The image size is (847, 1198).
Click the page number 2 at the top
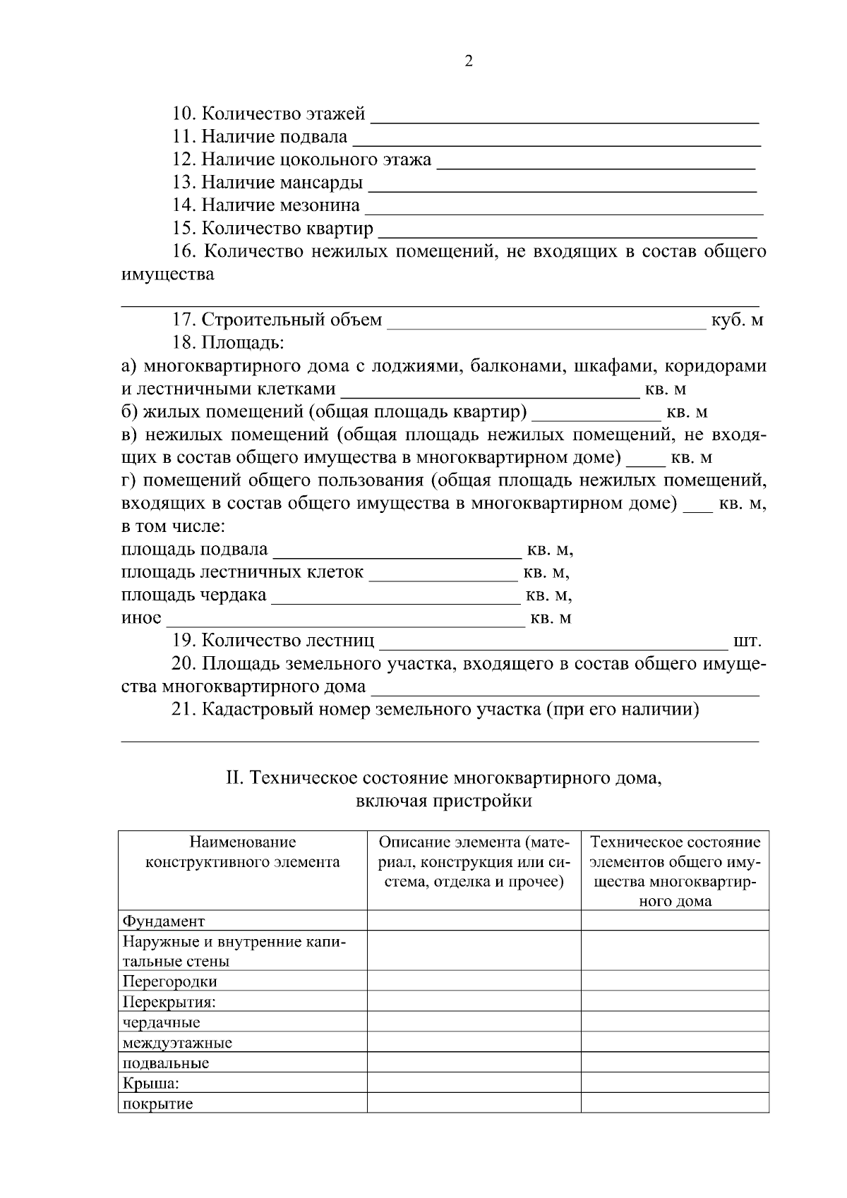click(x=469, y=61)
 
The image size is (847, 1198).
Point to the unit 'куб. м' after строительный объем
click(x=737, y=320)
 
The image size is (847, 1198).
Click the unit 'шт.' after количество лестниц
click(x=747, y=641)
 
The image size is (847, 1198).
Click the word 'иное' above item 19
click(x=141, y=618)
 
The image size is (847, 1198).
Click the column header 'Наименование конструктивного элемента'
click(x=242, y=852)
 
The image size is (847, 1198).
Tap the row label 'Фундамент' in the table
click(x=164, y=921)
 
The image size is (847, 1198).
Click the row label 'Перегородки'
click(x=169, y=981)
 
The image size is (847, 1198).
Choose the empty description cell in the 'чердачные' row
click(x=474, y=1022)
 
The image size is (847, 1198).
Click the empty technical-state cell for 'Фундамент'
click(x=675, y=921)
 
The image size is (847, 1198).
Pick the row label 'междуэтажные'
click(x=177, y=1042)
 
